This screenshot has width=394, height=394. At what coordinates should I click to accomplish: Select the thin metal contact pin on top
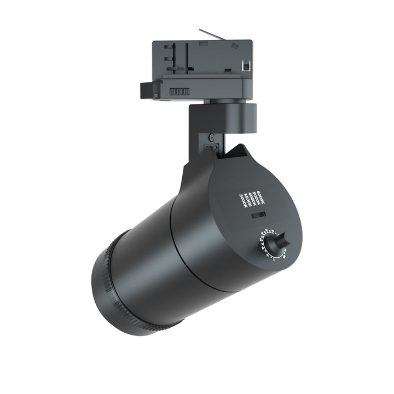coord(214,33)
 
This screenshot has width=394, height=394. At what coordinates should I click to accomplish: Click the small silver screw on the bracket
coord(211,137)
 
